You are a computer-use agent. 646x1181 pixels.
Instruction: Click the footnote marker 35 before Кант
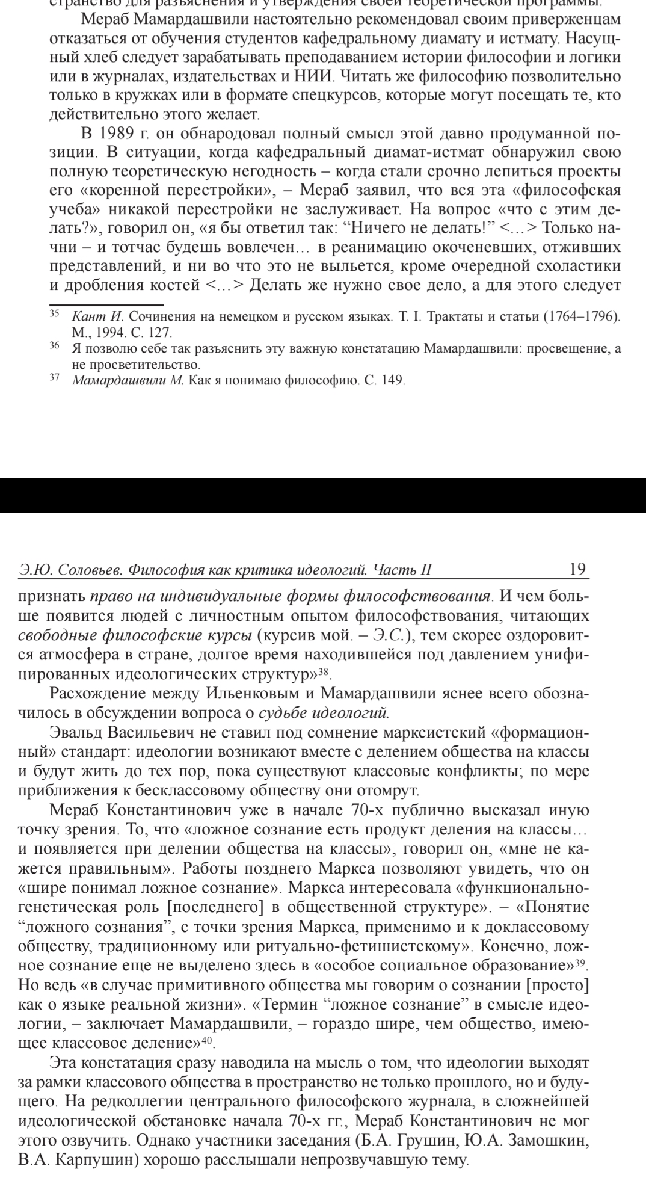pyautogui.click(x=53, y=313)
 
